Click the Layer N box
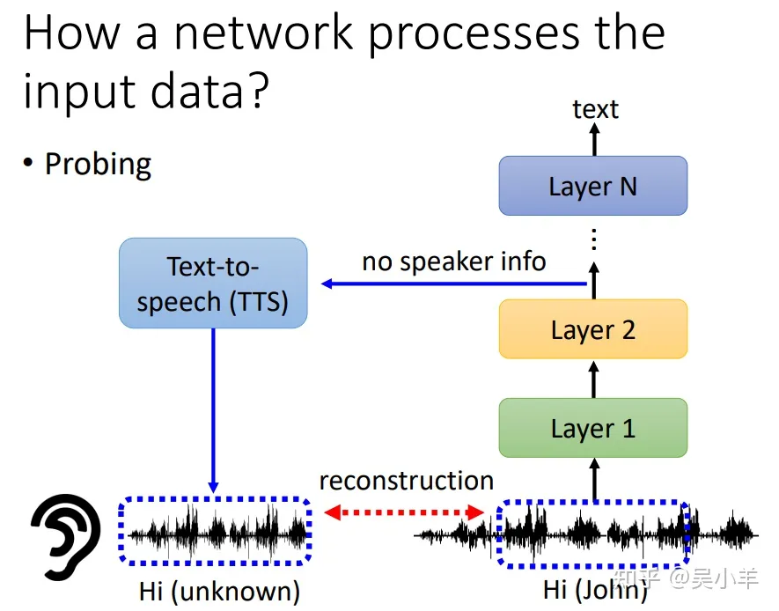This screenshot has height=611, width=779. click(593, 186)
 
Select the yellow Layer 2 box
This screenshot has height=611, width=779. click(593, 329)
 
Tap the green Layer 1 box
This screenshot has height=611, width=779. click(593, 428)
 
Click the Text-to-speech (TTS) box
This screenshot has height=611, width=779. click(213, 283)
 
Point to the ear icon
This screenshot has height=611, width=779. click(64, 536)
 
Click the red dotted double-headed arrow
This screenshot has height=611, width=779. click(403, 512)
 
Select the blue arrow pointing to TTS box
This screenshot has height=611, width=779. click(454, 283)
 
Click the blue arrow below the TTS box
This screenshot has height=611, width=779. click(213, 410)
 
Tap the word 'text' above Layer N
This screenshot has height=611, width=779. click(595, 109)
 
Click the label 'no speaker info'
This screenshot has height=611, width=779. click(454, 261)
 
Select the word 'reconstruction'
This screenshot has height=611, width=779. click(407, 481)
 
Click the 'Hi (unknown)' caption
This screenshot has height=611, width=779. click(219, 591)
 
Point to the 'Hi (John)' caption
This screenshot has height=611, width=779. click(595, 590)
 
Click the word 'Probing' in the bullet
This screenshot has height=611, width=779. click(98, 165)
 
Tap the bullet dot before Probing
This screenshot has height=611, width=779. click(28, 163)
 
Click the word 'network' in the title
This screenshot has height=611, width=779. click(264, 33)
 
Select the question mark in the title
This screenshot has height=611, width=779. click(258, 91)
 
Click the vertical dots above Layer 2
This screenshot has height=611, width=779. click(593, 239)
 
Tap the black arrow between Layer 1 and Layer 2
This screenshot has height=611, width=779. click(593, 379)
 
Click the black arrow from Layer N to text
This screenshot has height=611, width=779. click(594, 139)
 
